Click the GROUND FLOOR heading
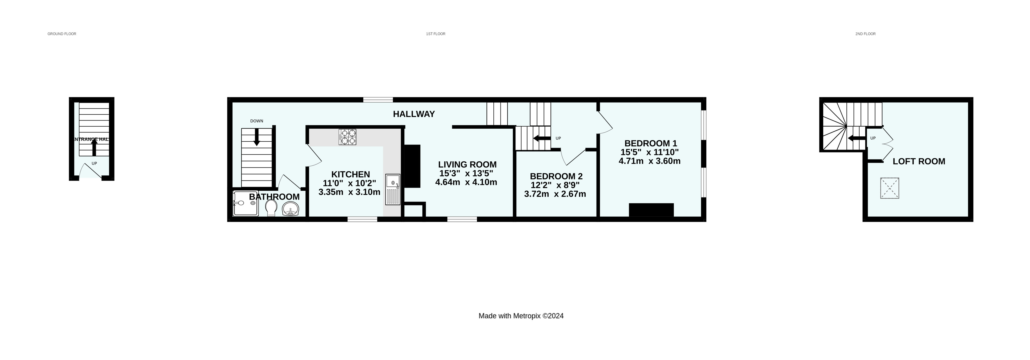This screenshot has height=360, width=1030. [x=62, y=34]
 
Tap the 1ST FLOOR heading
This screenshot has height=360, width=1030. [x=436, y=34]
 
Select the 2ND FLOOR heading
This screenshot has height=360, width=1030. [x=865, y=34]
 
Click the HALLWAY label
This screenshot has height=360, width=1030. [x=414, y=114]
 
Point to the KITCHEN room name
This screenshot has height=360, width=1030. [x=350, y=174]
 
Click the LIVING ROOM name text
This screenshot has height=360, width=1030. [x=467, y=164]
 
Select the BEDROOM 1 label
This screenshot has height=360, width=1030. [x=651, y=143]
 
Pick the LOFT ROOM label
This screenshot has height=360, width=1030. [x=919, y=162]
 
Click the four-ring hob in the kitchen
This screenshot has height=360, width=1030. [x=347, y=137]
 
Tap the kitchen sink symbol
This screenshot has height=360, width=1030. [x=393, y=190]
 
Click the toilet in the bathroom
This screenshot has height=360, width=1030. [x=271, y=207]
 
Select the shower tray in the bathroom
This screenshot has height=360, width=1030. [x=246, y=203]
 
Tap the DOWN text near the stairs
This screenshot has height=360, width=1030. [x=257, y=121]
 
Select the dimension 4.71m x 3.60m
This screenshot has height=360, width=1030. [x=649, y=161]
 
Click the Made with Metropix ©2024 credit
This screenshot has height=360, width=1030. [x=521, y=316]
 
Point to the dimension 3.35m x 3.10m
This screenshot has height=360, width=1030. [x=349, y=192]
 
